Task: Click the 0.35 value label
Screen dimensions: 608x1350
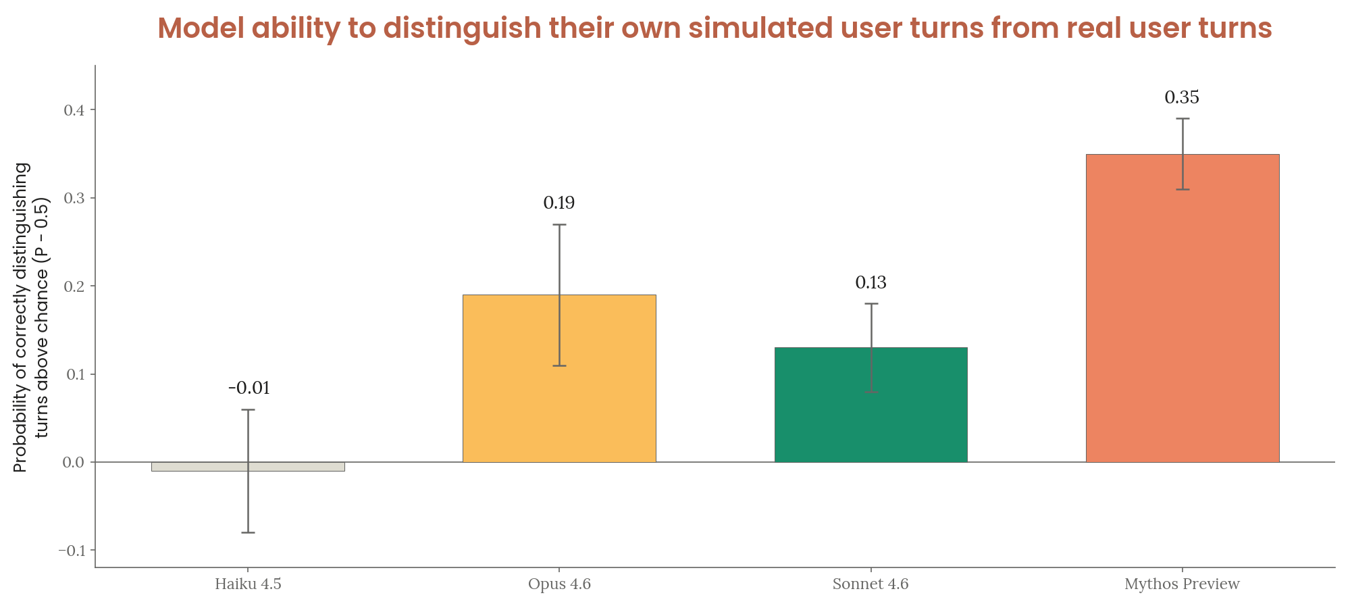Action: point(1182,98)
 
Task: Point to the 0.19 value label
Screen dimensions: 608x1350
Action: point(559,203)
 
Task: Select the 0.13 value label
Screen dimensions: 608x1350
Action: point(871,283)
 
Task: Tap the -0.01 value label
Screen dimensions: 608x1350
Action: point(249,388)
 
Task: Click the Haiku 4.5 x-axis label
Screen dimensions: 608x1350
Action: point(248,584)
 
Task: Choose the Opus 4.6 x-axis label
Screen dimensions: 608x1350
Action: point(559,584)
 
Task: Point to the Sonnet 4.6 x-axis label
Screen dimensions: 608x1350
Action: point(871,584)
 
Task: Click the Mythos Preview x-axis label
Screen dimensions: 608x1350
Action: point(1182,584)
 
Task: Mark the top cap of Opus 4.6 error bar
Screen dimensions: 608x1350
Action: point(559,224)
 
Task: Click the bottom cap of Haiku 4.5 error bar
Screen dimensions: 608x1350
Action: point(248,533)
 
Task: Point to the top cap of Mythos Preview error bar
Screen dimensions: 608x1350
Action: point(1182,119)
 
